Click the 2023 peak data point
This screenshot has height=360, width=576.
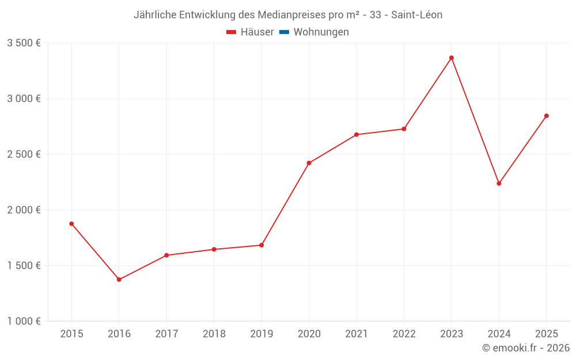coord(452,58)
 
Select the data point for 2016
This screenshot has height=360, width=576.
coord(119,279)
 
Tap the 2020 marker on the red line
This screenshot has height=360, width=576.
coord(309,163)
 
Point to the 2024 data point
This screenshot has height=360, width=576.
coord(499,183)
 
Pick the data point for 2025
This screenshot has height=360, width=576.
coord(547,116)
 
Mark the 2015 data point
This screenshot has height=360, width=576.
coord(71,223)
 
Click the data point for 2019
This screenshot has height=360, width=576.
coord(262,245)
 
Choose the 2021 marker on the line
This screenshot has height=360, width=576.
coord(357,135)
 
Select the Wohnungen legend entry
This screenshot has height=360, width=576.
coord(321,32)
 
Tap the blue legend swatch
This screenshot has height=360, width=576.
coord(284,32)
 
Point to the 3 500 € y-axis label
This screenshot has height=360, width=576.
coord(24,43)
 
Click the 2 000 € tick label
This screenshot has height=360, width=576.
coord(24,210)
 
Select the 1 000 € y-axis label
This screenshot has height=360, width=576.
coord(24,321)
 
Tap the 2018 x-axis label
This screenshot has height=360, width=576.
coord(214,334)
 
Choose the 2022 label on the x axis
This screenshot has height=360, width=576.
coord(404,334)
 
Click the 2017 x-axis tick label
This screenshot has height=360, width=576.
coord(166,334)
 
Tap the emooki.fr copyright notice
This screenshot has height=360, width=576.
coord(526,348)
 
